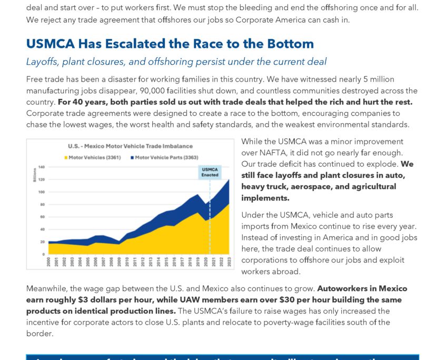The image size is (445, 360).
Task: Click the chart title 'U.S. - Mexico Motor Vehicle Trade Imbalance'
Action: click(x=130, y=146)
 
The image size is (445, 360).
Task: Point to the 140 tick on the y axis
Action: click(x=41, y=167)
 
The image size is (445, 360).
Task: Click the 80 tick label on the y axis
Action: click(x=42, y=204)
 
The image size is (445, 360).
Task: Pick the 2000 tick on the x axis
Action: click(x=49, y=262)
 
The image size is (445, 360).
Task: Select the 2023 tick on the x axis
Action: click(x=229, y=262)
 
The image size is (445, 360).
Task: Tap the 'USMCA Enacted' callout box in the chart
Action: click(x=209, y=172)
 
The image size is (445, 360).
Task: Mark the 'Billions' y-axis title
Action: click(x=34, y=175)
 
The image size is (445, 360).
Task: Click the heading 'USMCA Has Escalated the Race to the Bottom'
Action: click(x=170, y=44)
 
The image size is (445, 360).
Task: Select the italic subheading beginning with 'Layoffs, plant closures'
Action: click(x=176, y=62)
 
